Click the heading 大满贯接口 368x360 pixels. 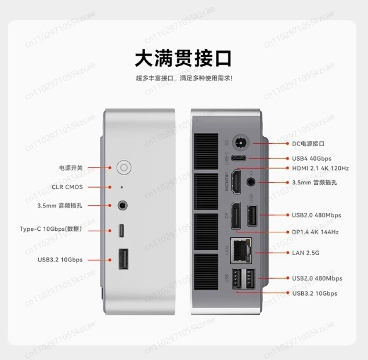pyautogui.click(x=183, y=59)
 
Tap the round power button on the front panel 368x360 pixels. pyautogui.click(x=123, y=168)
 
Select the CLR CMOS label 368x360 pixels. pyautogui.click(x=68, y=187)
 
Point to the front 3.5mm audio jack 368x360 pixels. pyautogui.click(x=123, y=205)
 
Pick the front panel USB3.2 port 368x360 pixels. pyautogui.click(x=123, y=259)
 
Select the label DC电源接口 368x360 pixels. pyautogui.click(x=309, y=143)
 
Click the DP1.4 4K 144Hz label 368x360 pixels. pyautogui.click(x=315, y=232)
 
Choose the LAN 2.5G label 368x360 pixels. pyautogui.click(x=305, y=253)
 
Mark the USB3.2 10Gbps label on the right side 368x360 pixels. pyautogui.click(x=314, y=293)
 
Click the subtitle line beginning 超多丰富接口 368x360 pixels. pyautogui.click(x=183, y=78)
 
